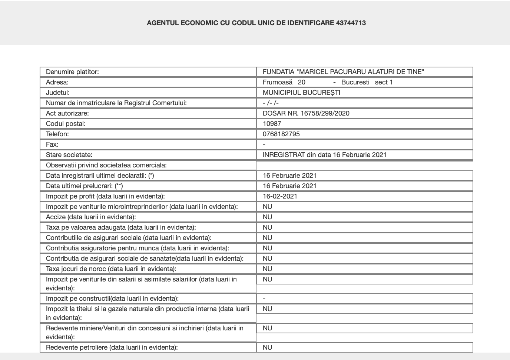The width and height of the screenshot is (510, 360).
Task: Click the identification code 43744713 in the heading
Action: pyautogui.click(x=351, y=23)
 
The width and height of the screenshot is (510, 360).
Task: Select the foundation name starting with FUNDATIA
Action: pyautogui.click(x=343, y=72)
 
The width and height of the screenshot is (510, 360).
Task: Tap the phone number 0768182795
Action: pyautogui.click(x=281, y=134)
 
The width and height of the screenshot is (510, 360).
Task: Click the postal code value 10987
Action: pyautogui.click(x=272, y=124)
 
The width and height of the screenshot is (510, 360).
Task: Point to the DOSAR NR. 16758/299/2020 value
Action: pyautogui.click(x=306, y=113)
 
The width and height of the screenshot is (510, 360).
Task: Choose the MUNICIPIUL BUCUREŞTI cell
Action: pyautogui.click(x=301, y=93)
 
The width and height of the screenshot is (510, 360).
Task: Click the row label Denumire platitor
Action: pyautogui.click(x=72, y=72)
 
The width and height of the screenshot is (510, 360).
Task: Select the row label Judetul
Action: pyautogui.click(x=57, y=93)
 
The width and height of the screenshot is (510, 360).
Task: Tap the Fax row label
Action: pyautogui.click(x=52, y=144)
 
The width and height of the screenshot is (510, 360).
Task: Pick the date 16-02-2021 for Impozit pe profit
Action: pyautogui.click(x=280, y=196)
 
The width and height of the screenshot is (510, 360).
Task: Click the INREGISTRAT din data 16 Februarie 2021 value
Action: pyautogui.click(x=324, y=155)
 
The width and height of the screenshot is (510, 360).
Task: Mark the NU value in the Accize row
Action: pyautogui.click(x=267, y=217)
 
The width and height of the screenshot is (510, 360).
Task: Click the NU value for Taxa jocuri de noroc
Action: pyautogui.click(x=267, y=269)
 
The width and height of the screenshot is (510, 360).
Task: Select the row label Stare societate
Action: pyautogui.click(x=69, y=155)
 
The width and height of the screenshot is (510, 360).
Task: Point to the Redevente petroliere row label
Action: pyautogui.click(x=112, y=347)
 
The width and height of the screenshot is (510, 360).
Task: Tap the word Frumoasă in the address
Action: pyautogui.click(x=277, y=82)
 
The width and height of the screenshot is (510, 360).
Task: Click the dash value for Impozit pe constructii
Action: pyautogui.click(x=264, y=299)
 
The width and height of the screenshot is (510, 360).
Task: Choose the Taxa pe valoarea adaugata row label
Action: pyautogui.click(x=121, y=227)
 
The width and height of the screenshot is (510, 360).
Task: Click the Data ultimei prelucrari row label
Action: pyautogui.click(x=84, y=186)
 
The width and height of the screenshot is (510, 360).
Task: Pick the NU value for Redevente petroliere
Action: pyautogui.click(x=267, y=347)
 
